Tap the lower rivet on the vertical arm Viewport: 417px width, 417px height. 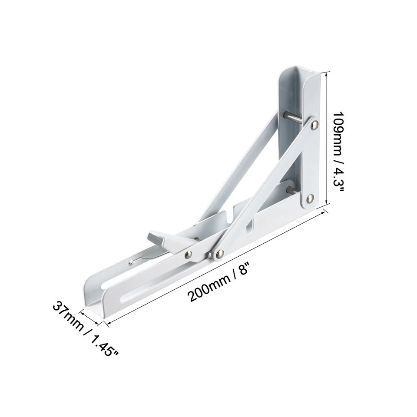[x=309, y=199]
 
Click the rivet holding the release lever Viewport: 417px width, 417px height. [x=189, y=255]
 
